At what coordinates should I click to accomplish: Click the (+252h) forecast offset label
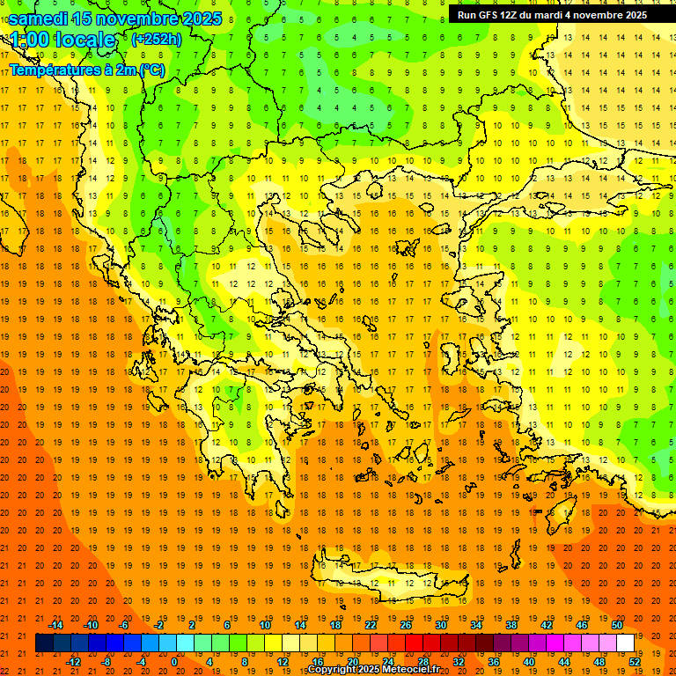(157, 39)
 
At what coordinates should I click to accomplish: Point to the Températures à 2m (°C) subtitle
(86, 70)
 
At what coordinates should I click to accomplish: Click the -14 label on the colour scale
(55, 625)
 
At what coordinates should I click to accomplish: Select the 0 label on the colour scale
(173, 662)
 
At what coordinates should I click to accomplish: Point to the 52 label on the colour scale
(635, 662)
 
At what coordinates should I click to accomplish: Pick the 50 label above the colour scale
(616, 625)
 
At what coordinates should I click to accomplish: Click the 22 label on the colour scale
(371, 625)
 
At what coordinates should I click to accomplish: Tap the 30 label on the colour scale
(441, 625)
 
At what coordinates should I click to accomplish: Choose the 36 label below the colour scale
(494, 662)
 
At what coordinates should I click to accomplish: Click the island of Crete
(387, 581)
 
